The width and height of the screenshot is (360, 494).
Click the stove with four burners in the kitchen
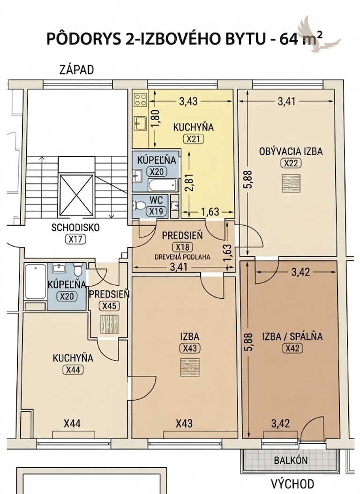coord(140,99)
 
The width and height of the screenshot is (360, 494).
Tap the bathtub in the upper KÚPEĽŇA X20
coord(163,185)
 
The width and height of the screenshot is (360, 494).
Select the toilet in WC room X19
coord(138,206)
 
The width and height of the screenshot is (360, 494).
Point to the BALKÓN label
coord(291,460)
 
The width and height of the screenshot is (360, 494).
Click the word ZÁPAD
coord(77,70)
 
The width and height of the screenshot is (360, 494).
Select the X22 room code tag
coord(291,163)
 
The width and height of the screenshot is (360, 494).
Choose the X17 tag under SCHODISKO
coord(75,239)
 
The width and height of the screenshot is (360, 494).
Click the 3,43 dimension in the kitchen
coord(188,101)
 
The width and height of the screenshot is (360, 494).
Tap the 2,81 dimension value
coord(189,183)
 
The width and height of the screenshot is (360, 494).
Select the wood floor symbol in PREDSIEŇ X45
coord(109,324)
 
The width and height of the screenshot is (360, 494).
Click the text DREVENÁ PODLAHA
coord(182,257)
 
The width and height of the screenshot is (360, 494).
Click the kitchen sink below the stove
coord(140,123)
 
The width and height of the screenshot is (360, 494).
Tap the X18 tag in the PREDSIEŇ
coord(182,247)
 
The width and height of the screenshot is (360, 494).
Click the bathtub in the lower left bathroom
coord(35,282)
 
